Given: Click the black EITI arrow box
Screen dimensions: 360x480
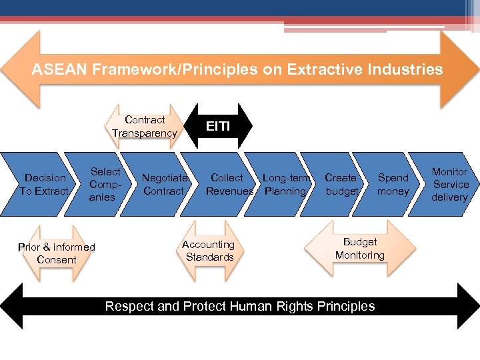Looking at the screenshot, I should click(218, 125).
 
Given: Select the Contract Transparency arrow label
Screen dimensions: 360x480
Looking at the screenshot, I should click(145, 126).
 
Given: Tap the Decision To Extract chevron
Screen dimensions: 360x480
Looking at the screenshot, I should click(43, 184).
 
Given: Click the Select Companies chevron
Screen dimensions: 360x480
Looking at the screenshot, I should click(103, 185).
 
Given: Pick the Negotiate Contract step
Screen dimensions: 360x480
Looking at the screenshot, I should click(163, 185).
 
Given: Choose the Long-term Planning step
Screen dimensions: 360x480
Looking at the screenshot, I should click(285, 185).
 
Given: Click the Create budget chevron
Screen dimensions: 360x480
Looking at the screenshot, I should click(341, 185).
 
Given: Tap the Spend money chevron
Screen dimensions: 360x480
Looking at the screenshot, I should click(393, 185).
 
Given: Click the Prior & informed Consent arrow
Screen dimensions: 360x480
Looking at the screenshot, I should click(57, 253).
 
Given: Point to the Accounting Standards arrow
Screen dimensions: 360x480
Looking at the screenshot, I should click(209, 251).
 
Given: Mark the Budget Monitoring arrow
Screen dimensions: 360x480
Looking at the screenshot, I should click(360, 248).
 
